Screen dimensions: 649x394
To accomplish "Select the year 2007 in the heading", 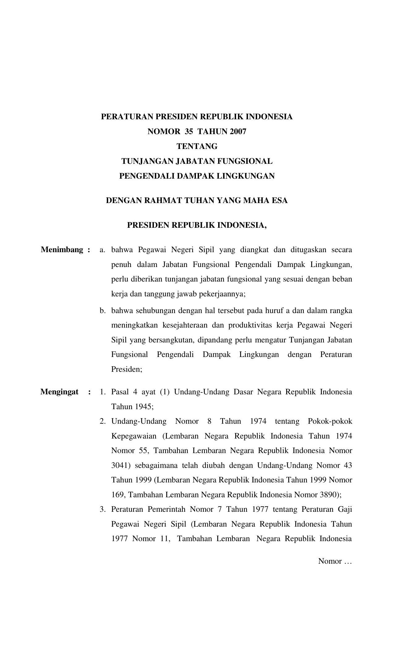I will coord(238,132).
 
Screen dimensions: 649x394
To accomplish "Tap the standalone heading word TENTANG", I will coord(197,146).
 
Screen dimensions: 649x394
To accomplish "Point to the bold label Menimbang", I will coord(62,250).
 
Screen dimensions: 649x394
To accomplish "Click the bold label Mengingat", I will coord(59,392).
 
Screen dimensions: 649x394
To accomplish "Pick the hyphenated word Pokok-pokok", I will coord(330,421).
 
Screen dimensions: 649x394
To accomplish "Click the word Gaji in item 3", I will coord(345,509).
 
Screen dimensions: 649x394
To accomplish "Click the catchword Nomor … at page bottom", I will coord(335,561).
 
